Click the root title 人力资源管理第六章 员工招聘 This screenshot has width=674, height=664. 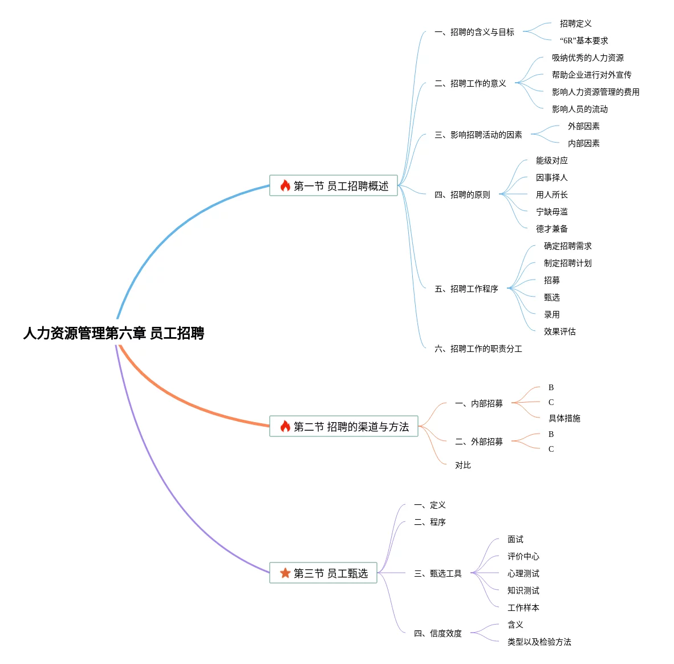tap(113, 333)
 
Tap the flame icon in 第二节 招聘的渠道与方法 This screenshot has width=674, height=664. tap(285, 426)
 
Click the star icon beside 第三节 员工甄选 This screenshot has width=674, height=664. tap(285, 573)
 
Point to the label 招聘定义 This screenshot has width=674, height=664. tap(575, 23)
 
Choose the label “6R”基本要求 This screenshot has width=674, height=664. tap(583, 41)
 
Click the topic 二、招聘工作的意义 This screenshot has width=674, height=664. tap(470, 83)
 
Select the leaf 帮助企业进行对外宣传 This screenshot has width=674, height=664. tap(591, 75)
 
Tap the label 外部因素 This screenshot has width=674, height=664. tap(583, 126)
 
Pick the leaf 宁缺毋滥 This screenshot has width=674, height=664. tap(551, 212)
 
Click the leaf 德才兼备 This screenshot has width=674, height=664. tap(551, 229)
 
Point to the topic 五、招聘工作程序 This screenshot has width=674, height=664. tap(466, 289)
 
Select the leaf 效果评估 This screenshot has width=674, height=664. tap(559, 331)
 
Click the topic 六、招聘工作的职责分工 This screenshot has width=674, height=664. tap(478, 349)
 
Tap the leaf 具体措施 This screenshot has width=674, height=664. tap(564, 418)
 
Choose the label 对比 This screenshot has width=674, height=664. tap(462, 465)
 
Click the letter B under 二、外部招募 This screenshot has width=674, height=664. tap(551, 434)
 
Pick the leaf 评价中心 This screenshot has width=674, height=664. tap(523, 556)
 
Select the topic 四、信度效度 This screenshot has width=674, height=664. tap(437, 633)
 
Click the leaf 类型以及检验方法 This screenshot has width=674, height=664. tap(539, 642)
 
